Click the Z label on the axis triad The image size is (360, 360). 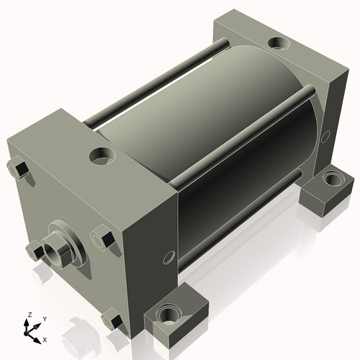(30, 315)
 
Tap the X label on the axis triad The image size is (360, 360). (45, 340)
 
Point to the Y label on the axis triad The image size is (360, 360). (45, 319)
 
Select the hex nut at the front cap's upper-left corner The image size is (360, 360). (18, 168)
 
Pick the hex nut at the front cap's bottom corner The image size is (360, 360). (112, 318)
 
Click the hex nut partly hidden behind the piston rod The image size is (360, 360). (35, 251)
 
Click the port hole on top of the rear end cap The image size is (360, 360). (279, 43)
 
